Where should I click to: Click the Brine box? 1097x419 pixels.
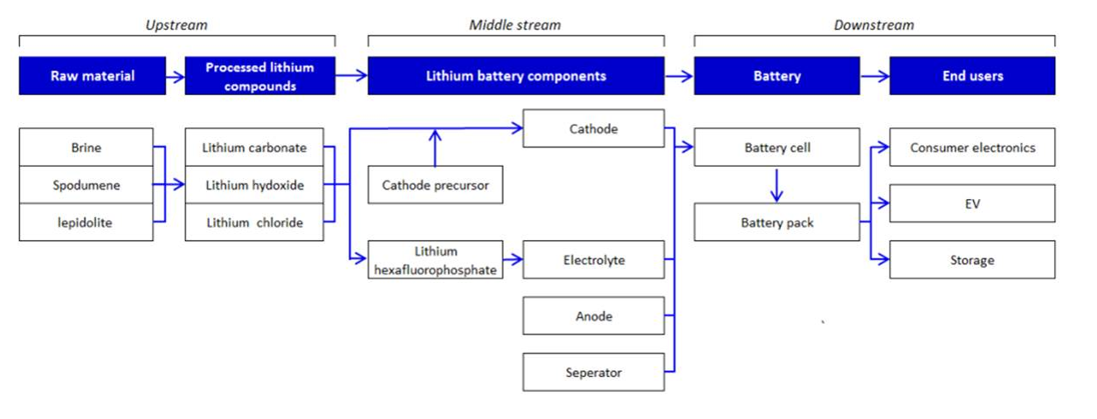pos(86,148)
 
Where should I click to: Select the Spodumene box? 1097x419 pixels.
pos(86,185)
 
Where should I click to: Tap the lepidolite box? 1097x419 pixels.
pos(86,223)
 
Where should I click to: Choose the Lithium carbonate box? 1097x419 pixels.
pos(254,148)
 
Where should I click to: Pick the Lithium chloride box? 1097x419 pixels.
pos(254,223)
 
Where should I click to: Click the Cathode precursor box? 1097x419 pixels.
pos(435,185)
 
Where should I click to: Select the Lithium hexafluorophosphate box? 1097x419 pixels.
pos(435,260)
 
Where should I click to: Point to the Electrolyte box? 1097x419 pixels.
pos(593,260)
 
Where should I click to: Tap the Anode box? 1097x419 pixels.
pos(593,316)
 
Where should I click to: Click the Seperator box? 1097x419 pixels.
pos(593,373)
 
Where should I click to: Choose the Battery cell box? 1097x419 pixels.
pos(776,148)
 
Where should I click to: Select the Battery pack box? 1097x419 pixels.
pos(776,223)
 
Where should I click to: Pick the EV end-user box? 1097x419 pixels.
pos(972,203)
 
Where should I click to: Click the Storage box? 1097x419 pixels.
pos(972,260)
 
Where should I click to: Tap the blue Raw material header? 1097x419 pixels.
pos(93,76)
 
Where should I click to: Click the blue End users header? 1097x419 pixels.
pos(972,76)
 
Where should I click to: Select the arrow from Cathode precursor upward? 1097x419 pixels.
pos(434,148)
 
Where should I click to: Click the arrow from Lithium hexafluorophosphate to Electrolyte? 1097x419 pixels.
pos(513,260)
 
